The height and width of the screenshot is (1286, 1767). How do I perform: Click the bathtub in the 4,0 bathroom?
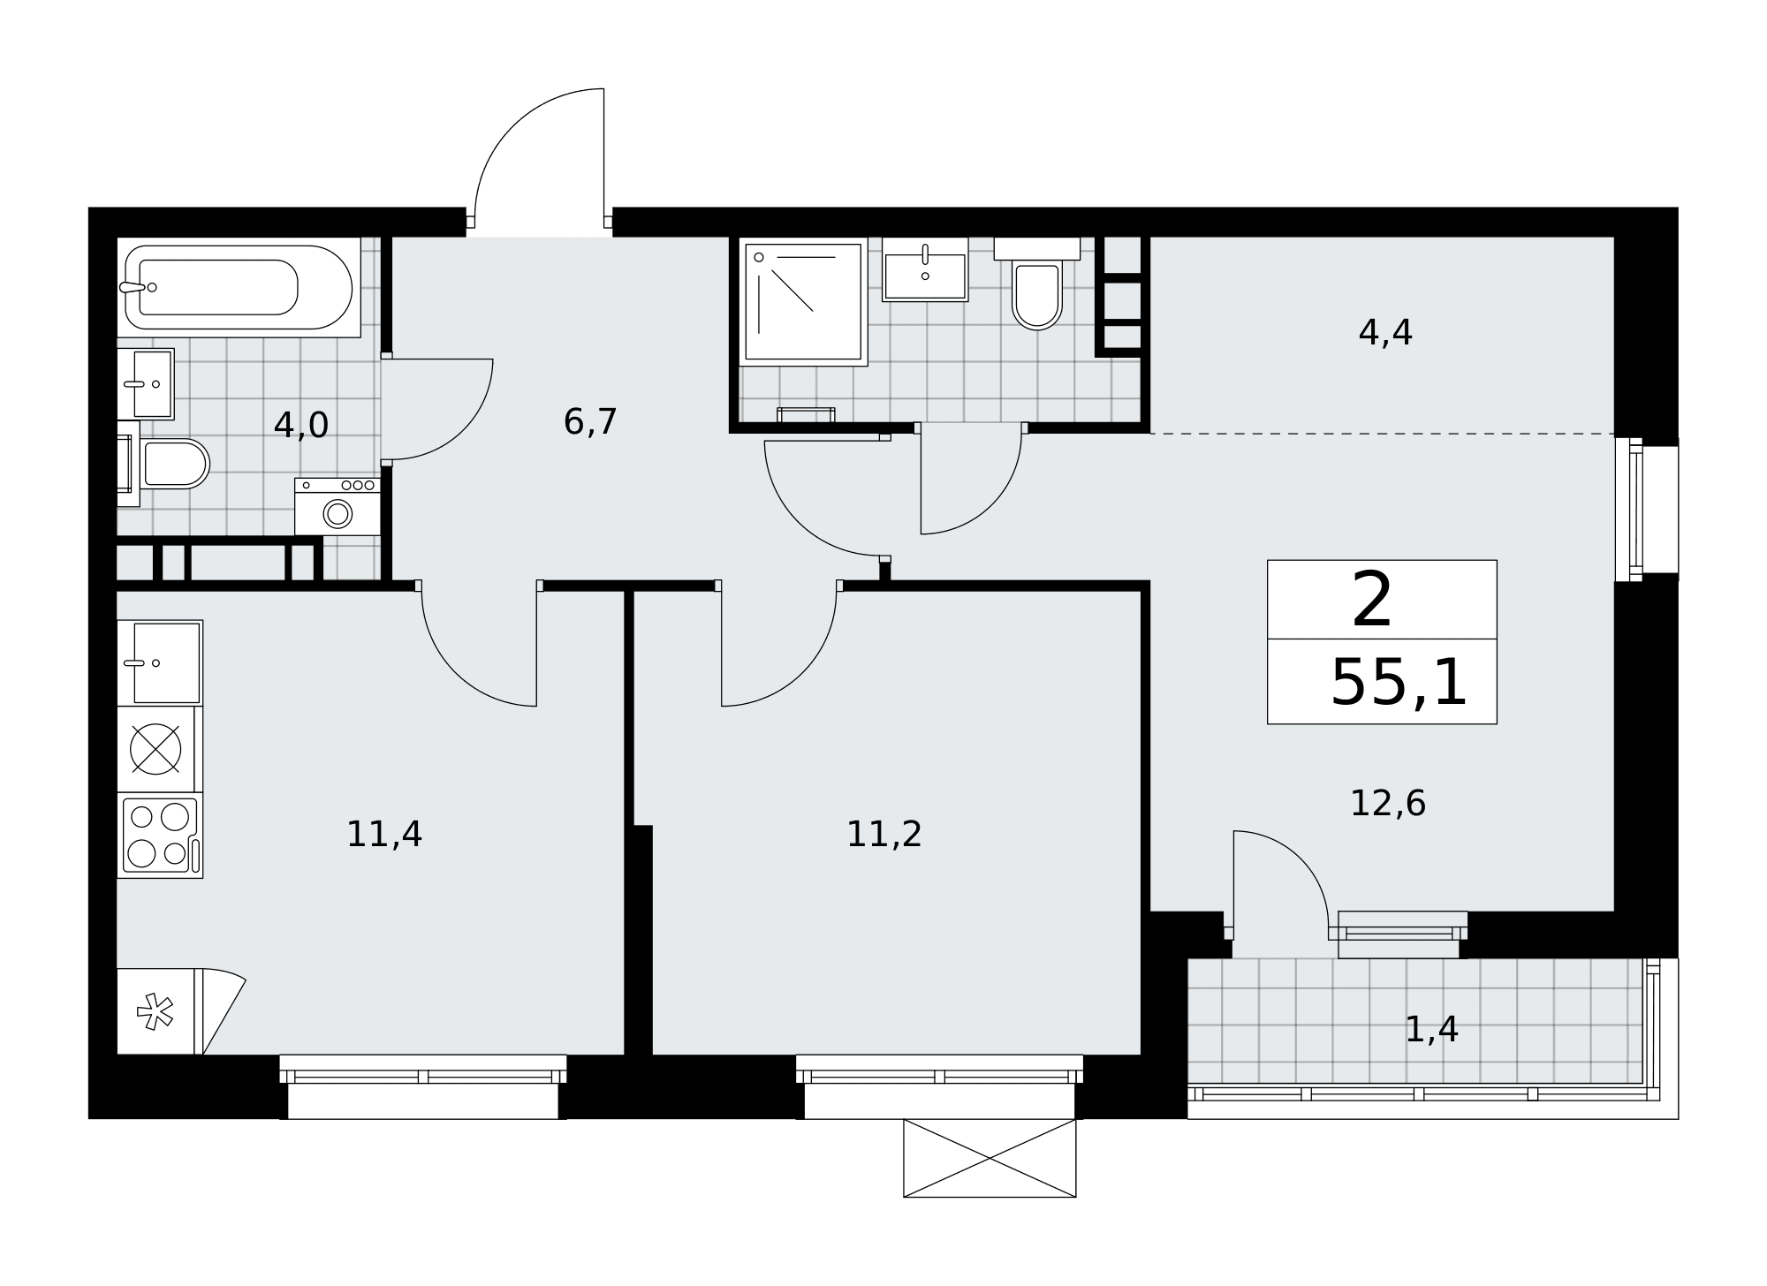click(239, 287)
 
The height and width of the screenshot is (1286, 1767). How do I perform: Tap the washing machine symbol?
click(337, 507)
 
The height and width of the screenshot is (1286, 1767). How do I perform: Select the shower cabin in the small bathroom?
click(803, 301)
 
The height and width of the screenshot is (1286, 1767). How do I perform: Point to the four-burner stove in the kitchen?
click(160, 836)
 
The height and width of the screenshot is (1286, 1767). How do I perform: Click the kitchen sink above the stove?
click(160, 662)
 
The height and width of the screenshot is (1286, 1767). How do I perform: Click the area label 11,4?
click(384, 834)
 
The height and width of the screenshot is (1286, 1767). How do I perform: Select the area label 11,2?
click(884, 834)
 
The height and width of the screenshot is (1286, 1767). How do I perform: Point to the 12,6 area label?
click(1388, 803)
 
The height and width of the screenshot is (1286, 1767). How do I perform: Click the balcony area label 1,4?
click(1431, 1029)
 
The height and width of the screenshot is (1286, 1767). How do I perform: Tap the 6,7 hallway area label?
click(590, 421)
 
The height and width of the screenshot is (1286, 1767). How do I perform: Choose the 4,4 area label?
click(1385, 332)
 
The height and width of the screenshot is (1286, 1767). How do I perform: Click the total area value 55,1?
click(1399, 683)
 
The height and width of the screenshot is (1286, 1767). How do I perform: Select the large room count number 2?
click(1372, 601)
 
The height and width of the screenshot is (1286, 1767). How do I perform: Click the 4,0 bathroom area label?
click(301, 425)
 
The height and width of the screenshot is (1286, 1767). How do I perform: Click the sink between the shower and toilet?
click(925, 269)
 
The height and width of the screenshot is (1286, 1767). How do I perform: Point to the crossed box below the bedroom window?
click(990, 1158)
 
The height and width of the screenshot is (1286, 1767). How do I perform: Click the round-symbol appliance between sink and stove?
click(156, 749)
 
